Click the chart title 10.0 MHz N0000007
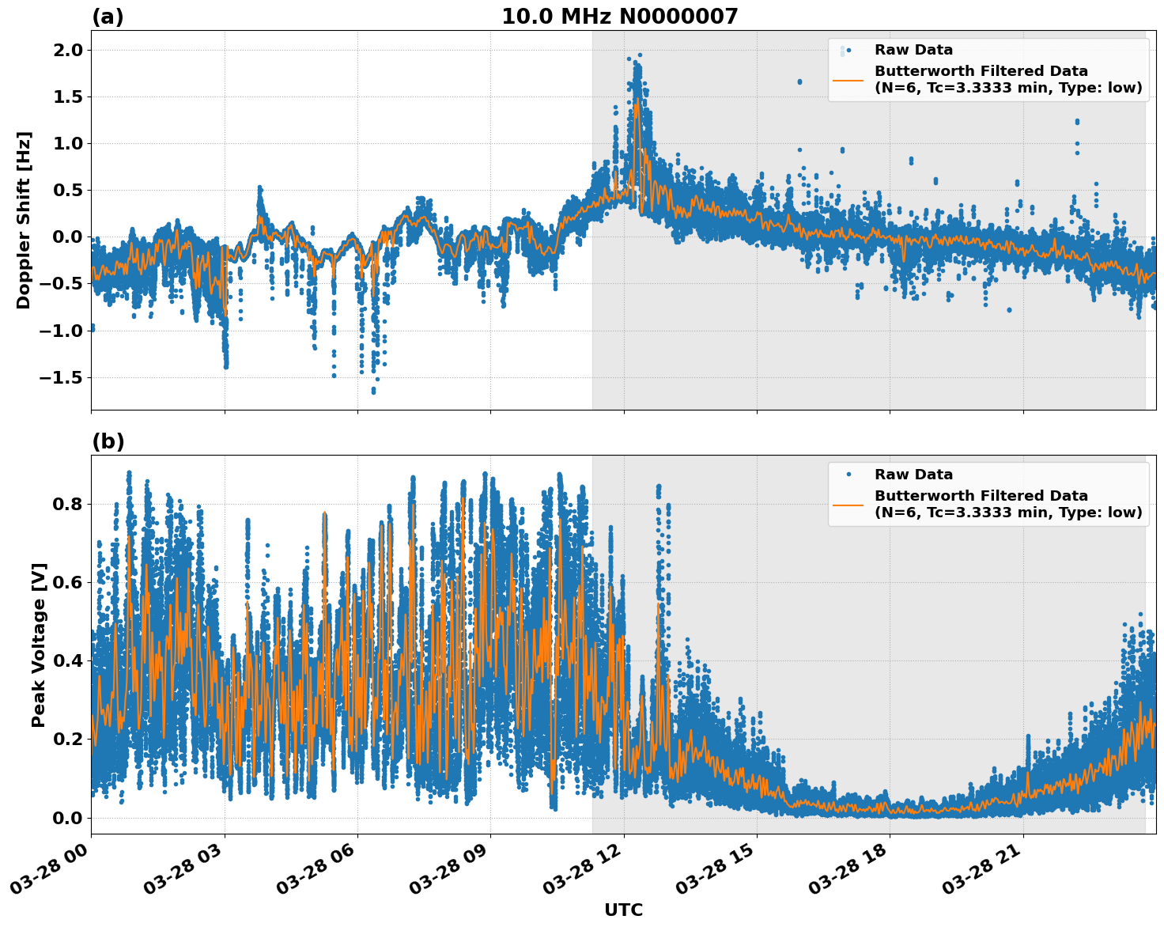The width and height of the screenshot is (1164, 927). (x=619, y=17)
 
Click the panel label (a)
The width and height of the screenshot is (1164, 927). (x=108, y=17)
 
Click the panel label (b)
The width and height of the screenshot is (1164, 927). (x=108, y=441)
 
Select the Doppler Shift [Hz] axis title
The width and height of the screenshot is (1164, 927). (x=24, y=220)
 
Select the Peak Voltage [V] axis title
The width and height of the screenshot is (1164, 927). (x=39, y=645)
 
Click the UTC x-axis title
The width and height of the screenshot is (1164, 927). (x=623, y=910)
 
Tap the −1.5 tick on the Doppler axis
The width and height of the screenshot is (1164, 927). (x=60, y=377)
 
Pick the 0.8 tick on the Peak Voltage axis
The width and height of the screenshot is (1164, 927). (x=66, y=505)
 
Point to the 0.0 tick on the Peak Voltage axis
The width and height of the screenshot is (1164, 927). (x=66, y=818)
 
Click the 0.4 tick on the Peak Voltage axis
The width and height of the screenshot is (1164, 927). (x=66, y=661)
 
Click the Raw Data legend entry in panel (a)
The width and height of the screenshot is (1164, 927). (x=913, y=50)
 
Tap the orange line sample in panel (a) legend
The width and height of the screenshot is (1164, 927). (x=848, y=80)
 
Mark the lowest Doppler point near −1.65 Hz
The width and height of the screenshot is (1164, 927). (x=373, y=391)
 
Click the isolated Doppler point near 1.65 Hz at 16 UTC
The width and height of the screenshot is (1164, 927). (x=799, y=81)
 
